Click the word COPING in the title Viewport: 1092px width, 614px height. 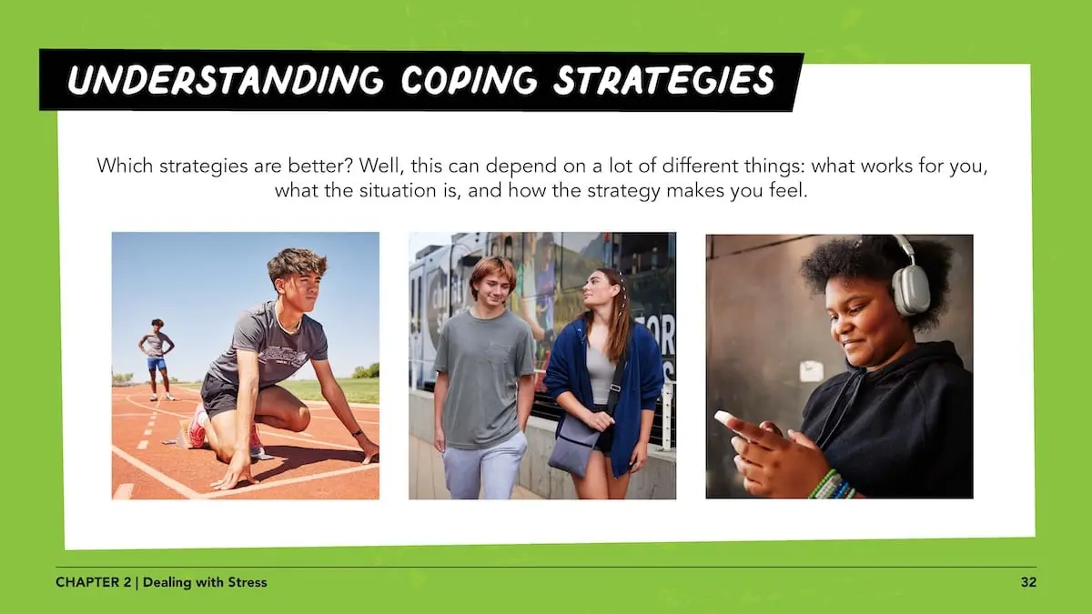pos(469,80)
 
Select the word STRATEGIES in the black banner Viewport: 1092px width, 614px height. pos(664,80)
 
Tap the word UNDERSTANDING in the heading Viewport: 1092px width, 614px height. pos(225,80)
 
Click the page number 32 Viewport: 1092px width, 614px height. pos(1028,582)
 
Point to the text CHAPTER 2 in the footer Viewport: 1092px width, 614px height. pos(93,582)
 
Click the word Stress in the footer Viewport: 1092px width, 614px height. pos(248,582)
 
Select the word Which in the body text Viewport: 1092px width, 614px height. pos(125,166)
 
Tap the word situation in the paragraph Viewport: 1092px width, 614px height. pos(398,190)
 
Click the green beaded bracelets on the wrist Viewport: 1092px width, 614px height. pos(830,486)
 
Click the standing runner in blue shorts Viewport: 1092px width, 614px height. pos(156,359)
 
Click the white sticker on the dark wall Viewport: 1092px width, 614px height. pos(811,371)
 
